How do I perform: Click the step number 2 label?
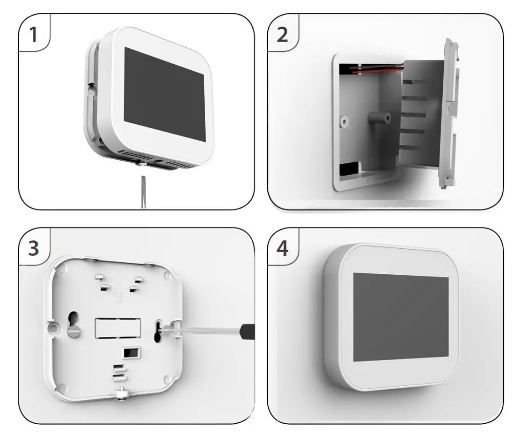[x=282, y=35]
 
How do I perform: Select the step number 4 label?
[x=282, y=249]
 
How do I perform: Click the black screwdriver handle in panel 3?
[x=248, y=331]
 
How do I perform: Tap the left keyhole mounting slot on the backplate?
[x=73, y=324]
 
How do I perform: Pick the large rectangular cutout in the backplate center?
[x=117, y=327]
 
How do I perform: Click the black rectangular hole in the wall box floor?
[x=348, y=168]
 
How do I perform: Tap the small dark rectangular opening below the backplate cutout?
[x=130, y=353]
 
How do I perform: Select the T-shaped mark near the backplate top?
[x=119, y=297]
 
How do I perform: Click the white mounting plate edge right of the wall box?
[x=449, y=113]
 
